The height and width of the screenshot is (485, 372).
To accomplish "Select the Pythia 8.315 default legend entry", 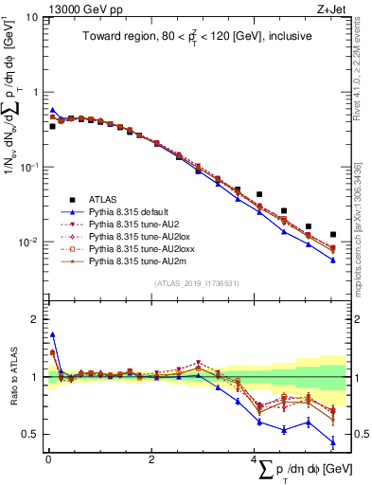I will pyautogui.click(x=124, y=212).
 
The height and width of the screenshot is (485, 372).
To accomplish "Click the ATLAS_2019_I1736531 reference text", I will pyautogui.click(x=196, y=284).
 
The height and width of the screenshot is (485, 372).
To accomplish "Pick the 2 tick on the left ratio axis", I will pyautogui.click(x=35, y=319).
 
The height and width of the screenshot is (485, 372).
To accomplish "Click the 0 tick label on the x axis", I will pyautogui.click(x=47, y=460).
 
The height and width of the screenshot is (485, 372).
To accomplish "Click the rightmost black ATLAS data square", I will pyautogui.click(x=332, y=234).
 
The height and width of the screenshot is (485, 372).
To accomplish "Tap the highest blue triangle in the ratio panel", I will pyautogui.click(x=53, y=334).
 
